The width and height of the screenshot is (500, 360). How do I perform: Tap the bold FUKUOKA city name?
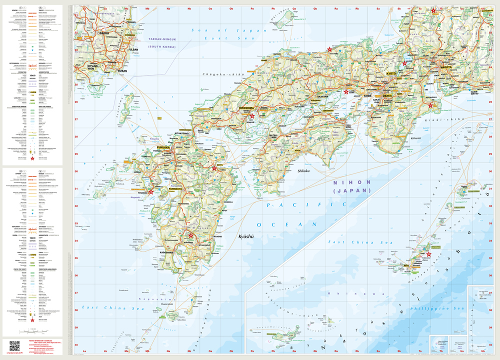[163, 148]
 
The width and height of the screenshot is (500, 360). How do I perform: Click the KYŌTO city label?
[391, 73]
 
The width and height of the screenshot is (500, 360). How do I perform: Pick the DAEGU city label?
[104, 33]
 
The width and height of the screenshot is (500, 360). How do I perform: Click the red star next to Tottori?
[329, 49]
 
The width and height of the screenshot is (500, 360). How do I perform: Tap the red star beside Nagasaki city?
[151, 191]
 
